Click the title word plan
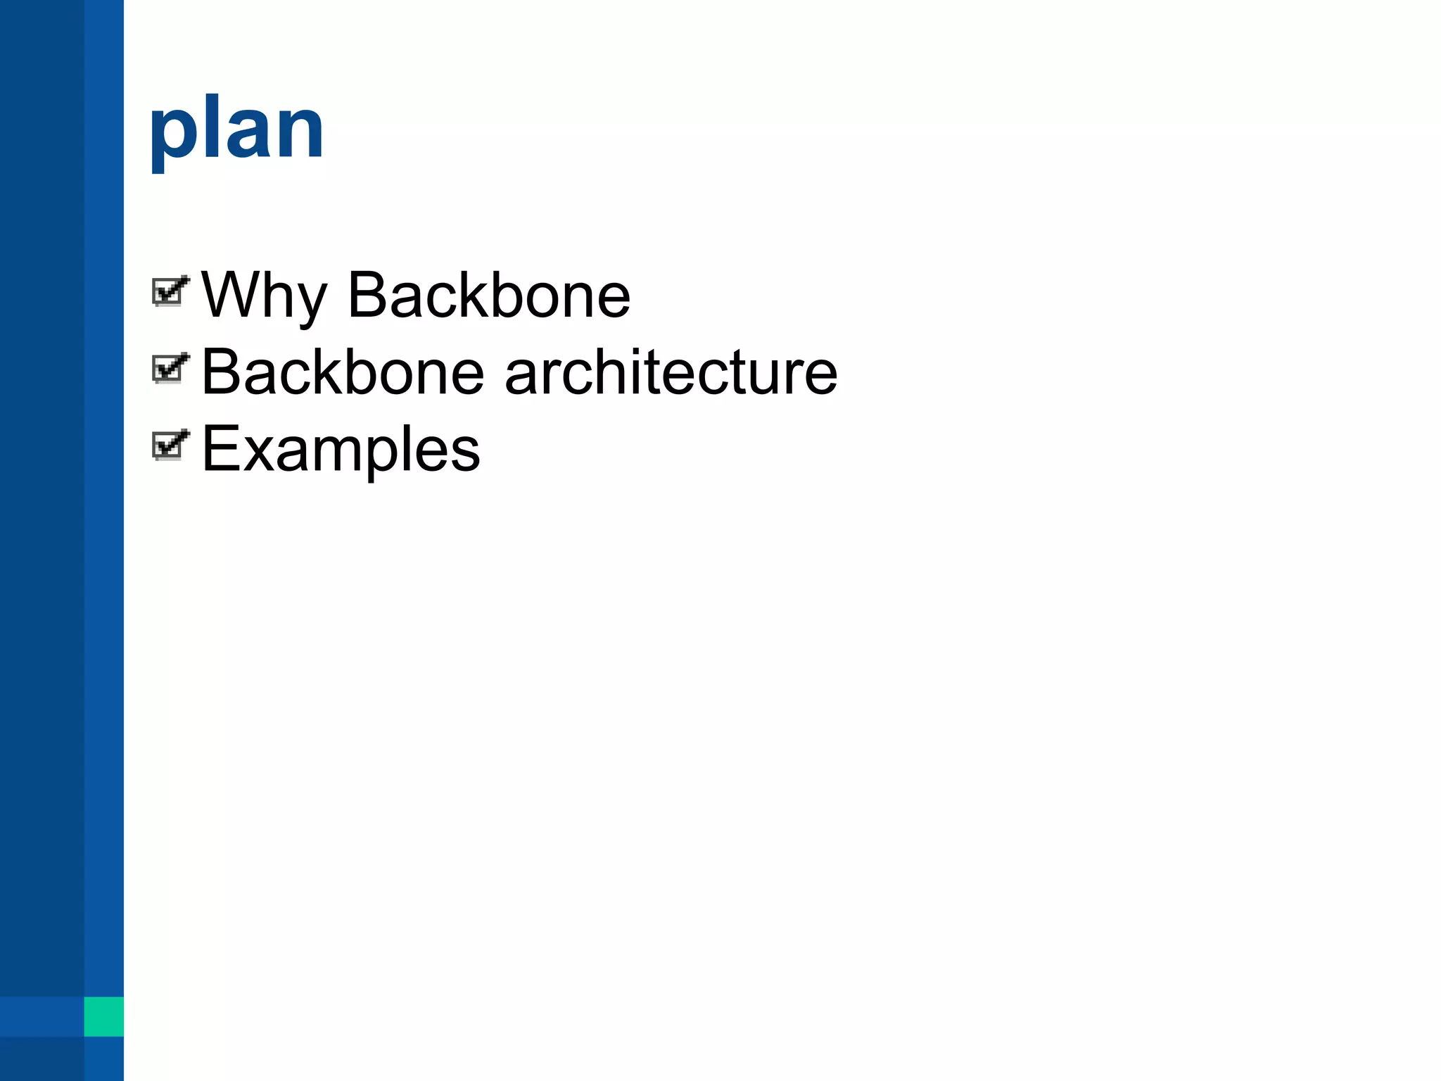click(x=236, y=131)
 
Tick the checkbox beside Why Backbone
click(x=169, y=291)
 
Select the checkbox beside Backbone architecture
click(x=169, y=368)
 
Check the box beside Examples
click(x=169, y=445)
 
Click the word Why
click(x=264, y=296)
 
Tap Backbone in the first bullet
click(x=489, y=296)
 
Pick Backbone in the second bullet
click(x=343, y=372)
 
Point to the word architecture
click(x=671, y=372)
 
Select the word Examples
click(x=341, y=450)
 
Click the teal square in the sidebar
click(x=103, y=1016)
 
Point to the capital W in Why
click(x=229, y=294)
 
